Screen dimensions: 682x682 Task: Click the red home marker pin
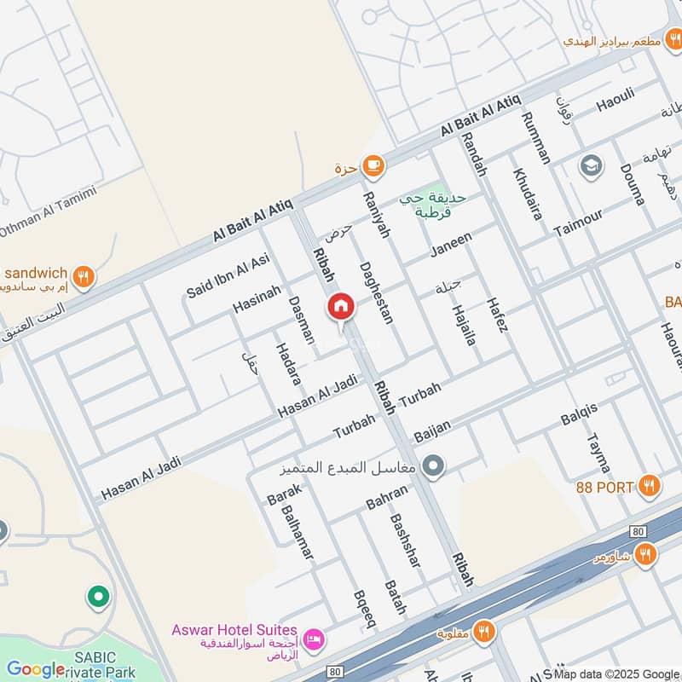pos(340,307)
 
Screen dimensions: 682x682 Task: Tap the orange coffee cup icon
pos(372,165)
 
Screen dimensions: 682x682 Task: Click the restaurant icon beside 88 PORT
pos(650,486)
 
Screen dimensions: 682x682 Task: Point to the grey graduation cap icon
pos(590,166)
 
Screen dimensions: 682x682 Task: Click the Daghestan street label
pos(376,292)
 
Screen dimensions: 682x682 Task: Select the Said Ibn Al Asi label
pos(228,275)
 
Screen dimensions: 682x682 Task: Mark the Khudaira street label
pos(527,194)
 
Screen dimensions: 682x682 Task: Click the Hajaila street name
pos(464,323)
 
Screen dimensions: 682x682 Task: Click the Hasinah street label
pos(257,298)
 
